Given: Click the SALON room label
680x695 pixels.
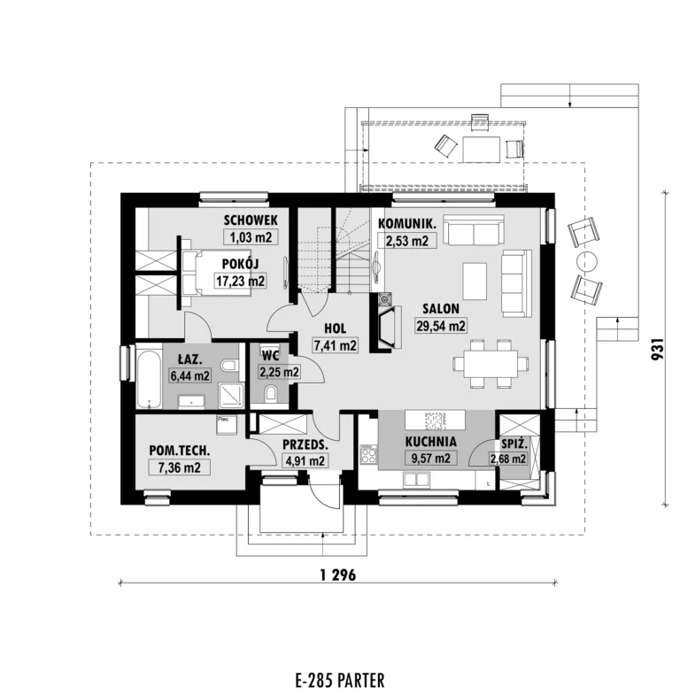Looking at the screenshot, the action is pyautogui.click(x=440, y=308).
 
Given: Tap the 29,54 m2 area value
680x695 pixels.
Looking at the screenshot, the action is pyautogui.click(x=441, y=326).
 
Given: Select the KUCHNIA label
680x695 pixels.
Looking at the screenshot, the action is pyautogui.click(x=431, y=442).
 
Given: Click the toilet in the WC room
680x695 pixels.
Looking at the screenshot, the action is pyautogui.click(x=270, y=394).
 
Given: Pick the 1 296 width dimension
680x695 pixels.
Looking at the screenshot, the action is pyautogui.click(x=337, y=575).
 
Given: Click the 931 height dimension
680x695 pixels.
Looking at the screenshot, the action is pyautogui.click(x=658, y=349).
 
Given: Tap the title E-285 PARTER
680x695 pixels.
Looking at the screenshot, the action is pyautogui.click(x=339, y=680).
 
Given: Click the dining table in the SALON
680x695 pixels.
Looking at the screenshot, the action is pyautogui.click(x=491, y=364).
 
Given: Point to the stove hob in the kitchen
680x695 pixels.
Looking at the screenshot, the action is pyautogui.click(x=368, y=454).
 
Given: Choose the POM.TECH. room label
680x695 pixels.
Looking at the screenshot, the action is pyautogui.click(x=180, y=451).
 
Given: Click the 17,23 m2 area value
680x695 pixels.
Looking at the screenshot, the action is pyautogui.click(x=240, y=281).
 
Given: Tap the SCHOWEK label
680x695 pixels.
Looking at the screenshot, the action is pyautogui.click(x=251, y=220).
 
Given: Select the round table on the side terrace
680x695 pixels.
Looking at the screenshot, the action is pyautogui.click(x=587, y=262).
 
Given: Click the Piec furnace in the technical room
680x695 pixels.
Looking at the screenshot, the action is pyautogui.click(x=227, y=425).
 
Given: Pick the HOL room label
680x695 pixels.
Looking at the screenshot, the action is pyautogui.click(x=335, y=328).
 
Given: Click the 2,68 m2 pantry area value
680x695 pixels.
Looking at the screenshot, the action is pyautogui.click(x=508, y=459).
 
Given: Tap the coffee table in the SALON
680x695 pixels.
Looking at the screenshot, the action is pyautogui.click(x=475, y=282).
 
